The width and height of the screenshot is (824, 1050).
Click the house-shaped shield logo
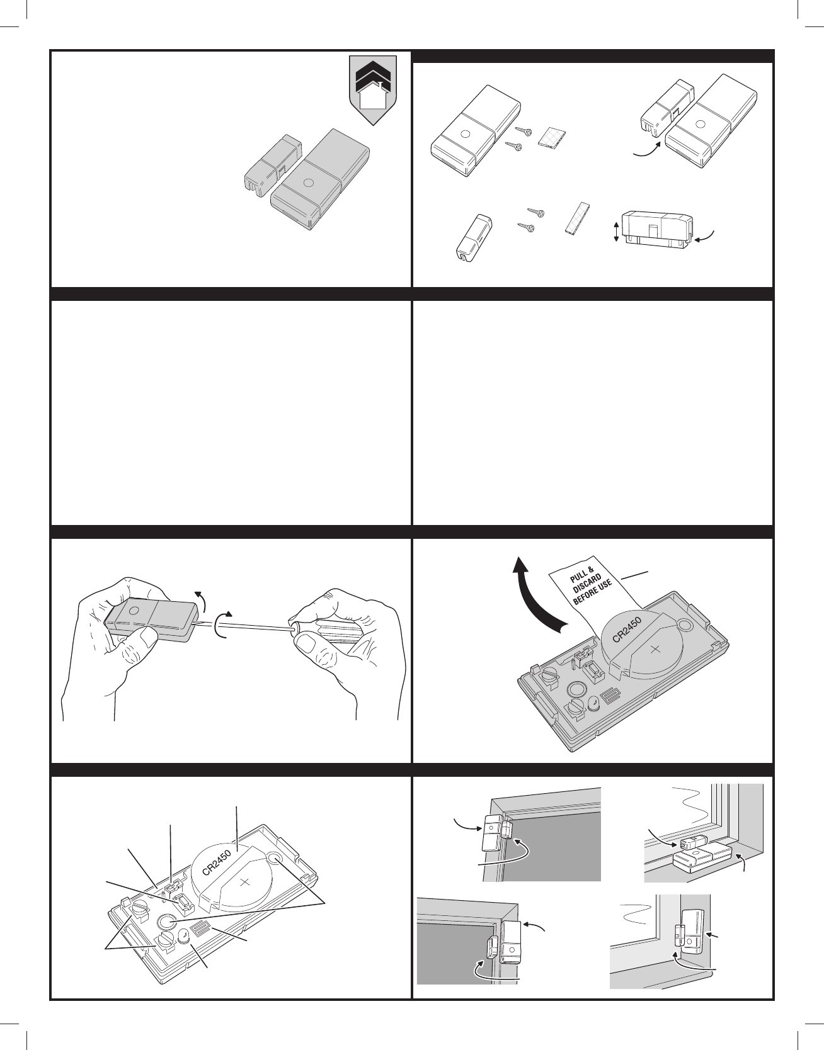click(372, 89)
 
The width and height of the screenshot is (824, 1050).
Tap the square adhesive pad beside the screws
click(552, 138)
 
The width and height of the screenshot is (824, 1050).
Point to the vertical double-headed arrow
click(615, 231)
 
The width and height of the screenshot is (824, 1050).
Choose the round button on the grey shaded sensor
click(307, 184)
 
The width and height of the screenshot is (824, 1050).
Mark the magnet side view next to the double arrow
click(656, 230)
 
